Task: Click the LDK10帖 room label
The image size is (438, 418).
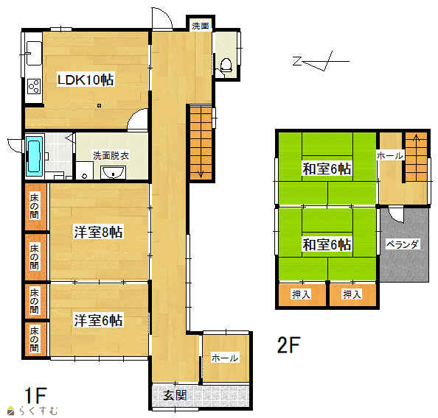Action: click(86, 79)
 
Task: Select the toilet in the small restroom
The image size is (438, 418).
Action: click(226, 65)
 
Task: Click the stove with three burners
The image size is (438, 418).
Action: click(34, 86)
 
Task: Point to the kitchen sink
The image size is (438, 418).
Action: click(34, 53)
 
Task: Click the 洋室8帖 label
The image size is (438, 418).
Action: click(98, 232)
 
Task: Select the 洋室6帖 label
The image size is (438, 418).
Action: click(98, 320)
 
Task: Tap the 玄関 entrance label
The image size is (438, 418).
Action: click(175, 395)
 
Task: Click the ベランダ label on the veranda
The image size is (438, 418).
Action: click(403, 244)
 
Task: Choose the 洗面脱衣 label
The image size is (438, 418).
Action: click(111, 155)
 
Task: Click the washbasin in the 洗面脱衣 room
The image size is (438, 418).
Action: click(113, 172)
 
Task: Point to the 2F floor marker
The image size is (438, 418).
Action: click(288, 345)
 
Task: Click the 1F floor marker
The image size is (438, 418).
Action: click(35, 395)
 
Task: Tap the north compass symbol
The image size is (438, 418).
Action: click(321, 61)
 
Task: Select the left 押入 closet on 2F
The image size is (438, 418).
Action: click(302, 295)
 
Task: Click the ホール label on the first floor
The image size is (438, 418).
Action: click(225, 358)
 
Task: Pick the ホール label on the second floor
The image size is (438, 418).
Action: click(390, 155)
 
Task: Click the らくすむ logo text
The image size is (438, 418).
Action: click(38, 411)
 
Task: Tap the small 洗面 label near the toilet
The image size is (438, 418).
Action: click(201, 26)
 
